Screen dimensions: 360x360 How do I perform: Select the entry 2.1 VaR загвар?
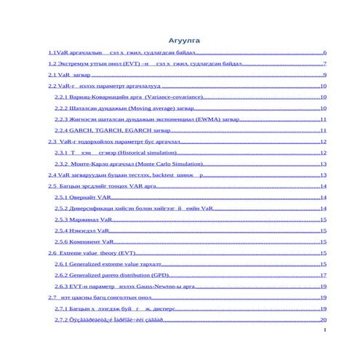pyautogui.click(x=70, y=75)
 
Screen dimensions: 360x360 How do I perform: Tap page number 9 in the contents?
pyautogui.click(x=324, y=75)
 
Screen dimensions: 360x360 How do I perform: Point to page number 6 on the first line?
pyautogui.click(x=324, y=53)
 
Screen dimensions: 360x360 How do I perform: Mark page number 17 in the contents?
pyautogui.click(x=323, y=276)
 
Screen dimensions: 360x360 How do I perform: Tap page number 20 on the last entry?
pyautogui.click(x=323, y=319)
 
